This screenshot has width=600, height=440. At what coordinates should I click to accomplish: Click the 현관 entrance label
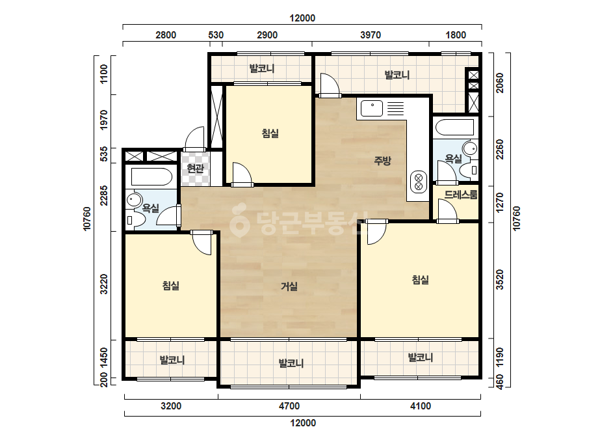pos(196,169)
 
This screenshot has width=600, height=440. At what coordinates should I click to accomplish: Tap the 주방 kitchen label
pos(382,160)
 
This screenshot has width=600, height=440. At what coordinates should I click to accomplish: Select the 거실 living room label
pos(289,286)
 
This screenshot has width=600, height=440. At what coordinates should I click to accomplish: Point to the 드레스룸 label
pos(461,195)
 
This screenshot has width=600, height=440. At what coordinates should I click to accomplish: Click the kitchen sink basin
pos(372,108)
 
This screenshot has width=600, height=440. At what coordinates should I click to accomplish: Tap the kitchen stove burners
pos(418,182)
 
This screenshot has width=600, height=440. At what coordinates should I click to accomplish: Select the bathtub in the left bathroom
pos(151,176)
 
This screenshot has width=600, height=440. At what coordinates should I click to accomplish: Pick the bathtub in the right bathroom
pos(454,127)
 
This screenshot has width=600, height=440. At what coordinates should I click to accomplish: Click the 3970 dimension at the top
pos(371,35)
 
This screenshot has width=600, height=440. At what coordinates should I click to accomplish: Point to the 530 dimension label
pos(216,35)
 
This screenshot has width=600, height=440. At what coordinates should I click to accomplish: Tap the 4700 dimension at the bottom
pos(289,406)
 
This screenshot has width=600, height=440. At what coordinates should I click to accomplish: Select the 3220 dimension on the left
pos(104,284)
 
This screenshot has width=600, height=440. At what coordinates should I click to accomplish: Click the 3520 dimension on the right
pos(500,279)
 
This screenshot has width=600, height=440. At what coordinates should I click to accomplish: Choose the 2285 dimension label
pos(104,195)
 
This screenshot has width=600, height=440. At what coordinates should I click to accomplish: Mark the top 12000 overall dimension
pos(302,18)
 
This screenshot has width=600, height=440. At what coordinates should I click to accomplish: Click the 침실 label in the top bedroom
pos(270,133)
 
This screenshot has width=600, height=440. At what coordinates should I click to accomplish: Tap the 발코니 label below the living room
pos(291,363)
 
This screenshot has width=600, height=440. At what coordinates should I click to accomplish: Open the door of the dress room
pos(447,210)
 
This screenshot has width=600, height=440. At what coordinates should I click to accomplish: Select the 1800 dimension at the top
pos(456,35)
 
